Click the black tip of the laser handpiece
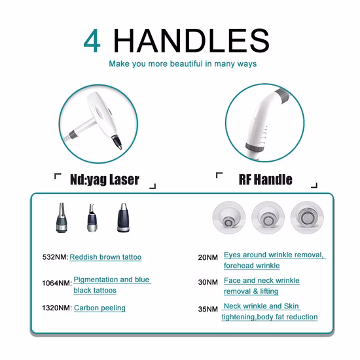pos(117,141)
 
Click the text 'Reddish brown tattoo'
pos(105,257)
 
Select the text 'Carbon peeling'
pos(99,308)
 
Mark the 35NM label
pos(207,308)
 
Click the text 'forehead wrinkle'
pos(251,266)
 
